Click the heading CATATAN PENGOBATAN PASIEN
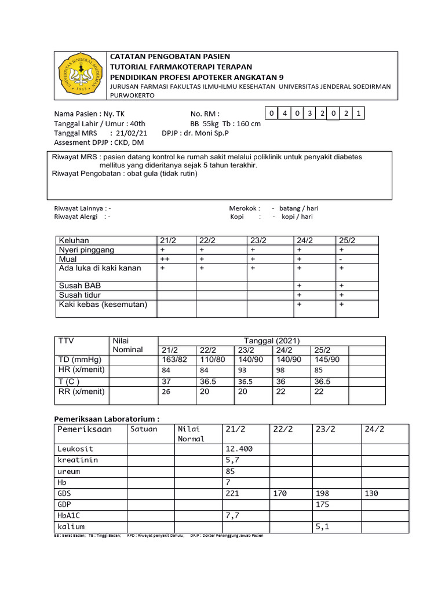point(170,56)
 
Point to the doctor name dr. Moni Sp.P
point(206,133)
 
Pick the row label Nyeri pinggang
point(86,250)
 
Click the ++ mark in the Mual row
point(165,259)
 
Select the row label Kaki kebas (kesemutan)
point(103,304)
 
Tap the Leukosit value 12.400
point(238,449)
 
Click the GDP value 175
point(323,504)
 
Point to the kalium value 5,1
point(323,527)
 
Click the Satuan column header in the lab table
point(144,429)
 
